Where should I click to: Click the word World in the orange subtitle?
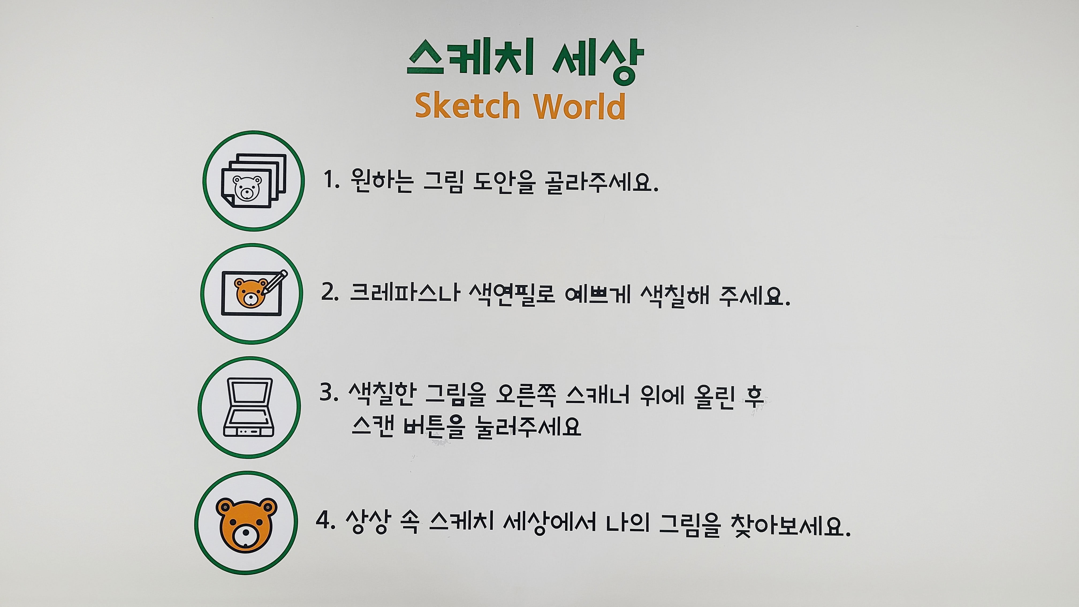click(x=580, y=105)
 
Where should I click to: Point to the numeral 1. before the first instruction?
click(x=331, y=181)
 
